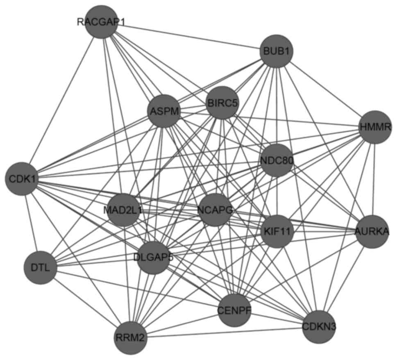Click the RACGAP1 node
click(102, 22)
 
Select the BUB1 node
click(277, 52)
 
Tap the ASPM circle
click(163, 111)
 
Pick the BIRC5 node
click(222, 103)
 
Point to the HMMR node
click(374, 127)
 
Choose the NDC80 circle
click(277, 160)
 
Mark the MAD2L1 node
click(123, 210)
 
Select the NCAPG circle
click(215, 210)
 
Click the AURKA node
click(372, 231)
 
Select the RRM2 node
click(130, 338)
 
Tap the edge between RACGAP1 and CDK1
click(61, 100)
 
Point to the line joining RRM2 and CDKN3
click(225, 333)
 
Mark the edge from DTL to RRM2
click(85, 303)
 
